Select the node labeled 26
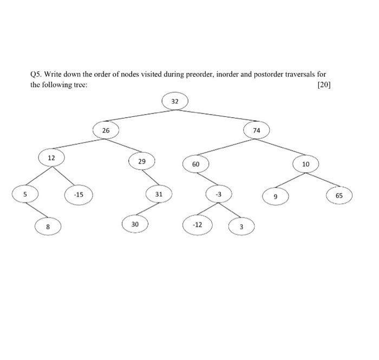tap(105, 130)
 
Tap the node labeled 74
tap(256, 130)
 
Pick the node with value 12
tap(51, 158)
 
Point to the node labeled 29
tap(142, 161)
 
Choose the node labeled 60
tap(195, 163)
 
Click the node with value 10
tap(306, 163)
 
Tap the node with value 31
tap(159, 194)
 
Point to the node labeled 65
tap(339, 195)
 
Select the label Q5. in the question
tap(36, 74)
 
